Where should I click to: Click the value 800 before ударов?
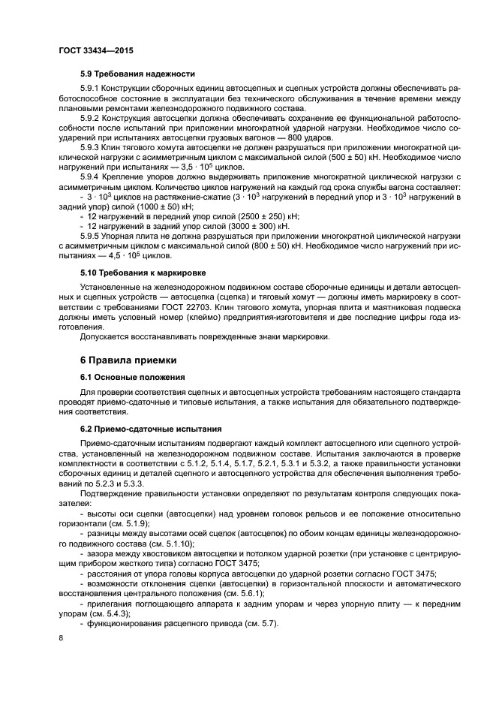(297, 138)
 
